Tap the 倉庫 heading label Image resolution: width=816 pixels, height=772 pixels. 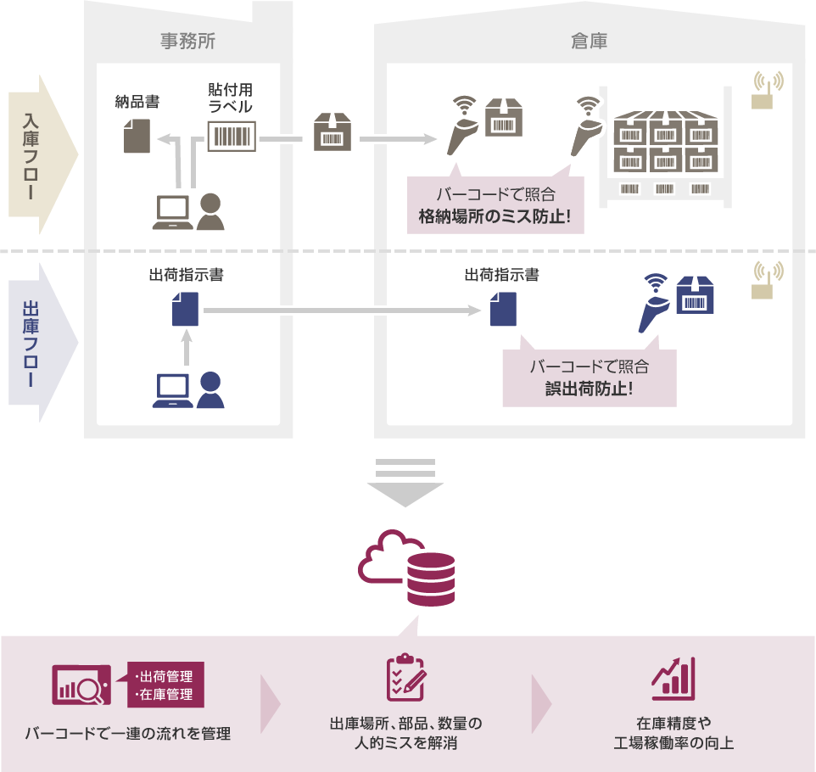coord(589,40)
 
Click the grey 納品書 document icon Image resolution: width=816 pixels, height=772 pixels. coord(137,135)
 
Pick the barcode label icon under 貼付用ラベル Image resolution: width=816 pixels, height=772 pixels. coord(232,136)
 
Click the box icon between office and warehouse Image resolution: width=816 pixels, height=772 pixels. coord(333,133)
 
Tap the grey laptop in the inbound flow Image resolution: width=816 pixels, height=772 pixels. coord(172,212)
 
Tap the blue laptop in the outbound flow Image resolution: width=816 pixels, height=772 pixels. coord(172,390)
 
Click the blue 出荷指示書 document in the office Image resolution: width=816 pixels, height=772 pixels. coord(185,309)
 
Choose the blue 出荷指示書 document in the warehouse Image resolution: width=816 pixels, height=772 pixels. coord(503,309)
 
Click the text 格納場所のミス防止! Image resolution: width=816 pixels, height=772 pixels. coord(495,217)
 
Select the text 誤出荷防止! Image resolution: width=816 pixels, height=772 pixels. coord(589,390)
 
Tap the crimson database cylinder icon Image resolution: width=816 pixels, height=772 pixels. coord(431,579)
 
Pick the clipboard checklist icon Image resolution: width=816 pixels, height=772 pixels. coord(405,677)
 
